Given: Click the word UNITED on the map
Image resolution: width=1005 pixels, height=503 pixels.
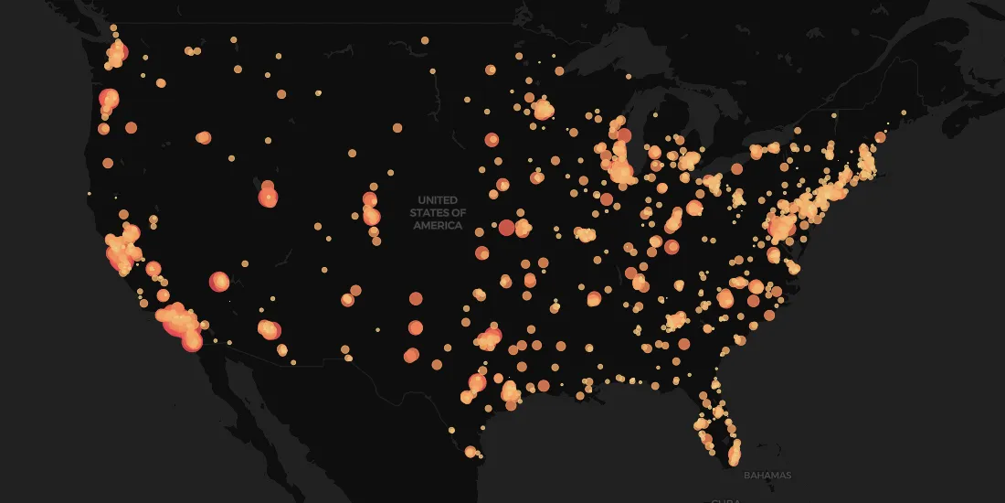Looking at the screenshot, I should tap(438, 199).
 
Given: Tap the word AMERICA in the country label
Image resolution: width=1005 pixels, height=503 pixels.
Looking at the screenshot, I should tap(438, 226).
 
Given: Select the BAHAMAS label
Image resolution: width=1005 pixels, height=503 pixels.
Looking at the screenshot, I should tap(767, 476).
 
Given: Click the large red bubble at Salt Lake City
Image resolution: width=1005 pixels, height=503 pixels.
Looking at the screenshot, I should tap(268, 197).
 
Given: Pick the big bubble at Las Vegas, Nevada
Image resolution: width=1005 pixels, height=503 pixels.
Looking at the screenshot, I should tap(219, 282).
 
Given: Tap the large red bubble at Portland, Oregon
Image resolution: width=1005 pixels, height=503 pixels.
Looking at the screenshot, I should tap(109, 98).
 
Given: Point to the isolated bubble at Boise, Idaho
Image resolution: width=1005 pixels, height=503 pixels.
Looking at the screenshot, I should tap(203, 138).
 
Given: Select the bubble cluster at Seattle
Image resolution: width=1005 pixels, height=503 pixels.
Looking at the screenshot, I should tap(116, 54).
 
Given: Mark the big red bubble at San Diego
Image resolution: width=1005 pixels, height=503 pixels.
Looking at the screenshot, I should tap(192, 341).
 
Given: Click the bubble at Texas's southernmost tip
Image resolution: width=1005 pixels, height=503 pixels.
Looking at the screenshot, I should tap(471, 452).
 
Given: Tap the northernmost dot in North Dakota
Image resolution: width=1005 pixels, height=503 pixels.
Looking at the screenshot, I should tap(425, 40).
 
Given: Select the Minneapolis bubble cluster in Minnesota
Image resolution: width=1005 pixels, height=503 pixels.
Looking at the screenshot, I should tap(544, 110).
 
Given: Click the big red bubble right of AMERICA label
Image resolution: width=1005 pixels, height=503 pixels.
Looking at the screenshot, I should tap(506, 227).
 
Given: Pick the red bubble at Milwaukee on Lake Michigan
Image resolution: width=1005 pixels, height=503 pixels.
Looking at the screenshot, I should tap(624, 136).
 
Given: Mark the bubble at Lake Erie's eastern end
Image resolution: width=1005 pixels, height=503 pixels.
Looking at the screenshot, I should tap(735, 169).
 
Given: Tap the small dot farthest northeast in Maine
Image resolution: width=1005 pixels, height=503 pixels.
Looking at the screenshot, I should tap(904, 112).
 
